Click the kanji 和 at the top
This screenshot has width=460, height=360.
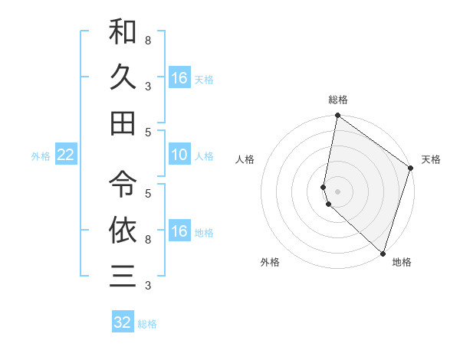(x=123, y=32)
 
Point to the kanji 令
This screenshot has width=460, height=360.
(x=123, y=183)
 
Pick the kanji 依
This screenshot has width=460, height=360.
(x=123, y=229)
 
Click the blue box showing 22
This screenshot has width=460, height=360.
(x=65, y=155)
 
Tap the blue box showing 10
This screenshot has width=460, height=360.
(x=179, y=155)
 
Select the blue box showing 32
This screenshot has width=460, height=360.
(x=123, y=322)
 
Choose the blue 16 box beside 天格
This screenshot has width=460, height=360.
(x=179, y=78)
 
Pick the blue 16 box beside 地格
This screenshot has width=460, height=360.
(x=179, y=231)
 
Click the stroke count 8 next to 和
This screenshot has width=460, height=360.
(x=148, y=39)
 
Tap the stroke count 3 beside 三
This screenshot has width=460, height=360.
(x=148, y=286)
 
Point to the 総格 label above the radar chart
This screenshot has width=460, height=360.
(x=338, y=100)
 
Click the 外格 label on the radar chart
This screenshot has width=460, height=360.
(x=270, y=262)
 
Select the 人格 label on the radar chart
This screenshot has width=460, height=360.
(x=245, y=159)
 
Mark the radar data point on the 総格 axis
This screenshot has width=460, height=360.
(x=337, y=116)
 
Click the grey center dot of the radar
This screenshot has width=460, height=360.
(x=337, y=190)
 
